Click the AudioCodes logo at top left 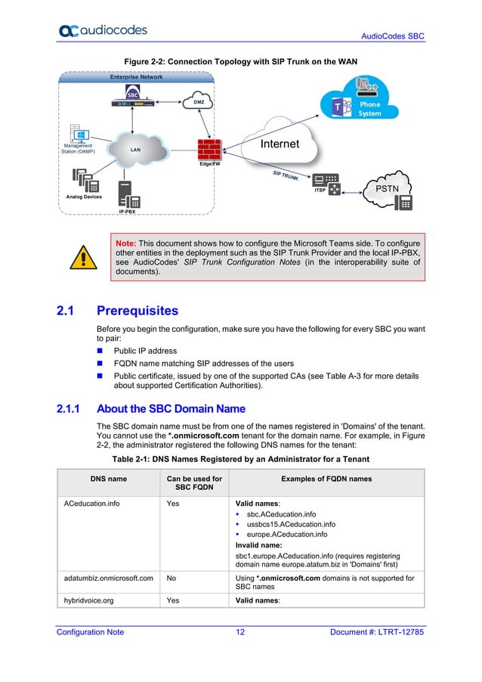(x=103, y=30)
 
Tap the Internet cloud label (x=280, y=144)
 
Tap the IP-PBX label (x=128, y=212)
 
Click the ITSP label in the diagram (x=320, y=191)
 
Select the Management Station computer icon (x=78, y=134)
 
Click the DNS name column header (x=105, y=479)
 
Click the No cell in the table (x=171, y=578)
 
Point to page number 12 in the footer (x=240, y=632)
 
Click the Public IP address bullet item (x=145, y=351)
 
